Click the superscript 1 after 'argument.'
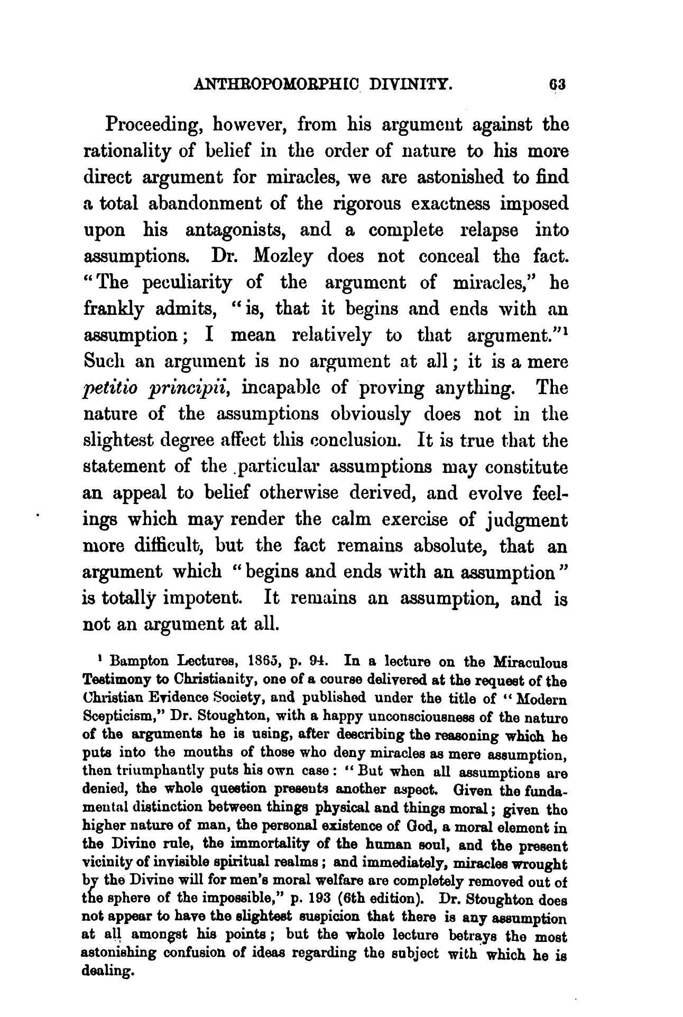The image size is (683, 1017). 566,331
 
